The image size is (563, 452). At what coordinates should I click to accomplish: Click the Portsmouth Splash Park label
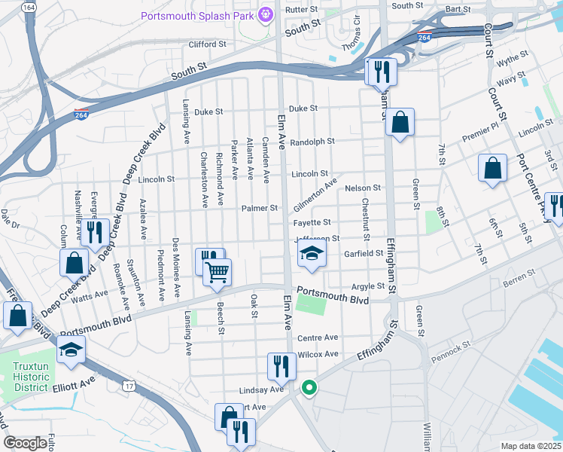click(198, 15)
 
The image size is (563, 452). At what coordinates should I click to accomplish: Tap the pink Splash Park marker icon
click(264, 14)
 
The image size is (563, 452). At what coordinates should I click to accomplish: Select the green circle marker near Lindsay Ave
click(308, 389)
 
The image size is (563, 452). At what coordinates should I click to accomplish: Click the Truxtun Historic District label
click(29, 377)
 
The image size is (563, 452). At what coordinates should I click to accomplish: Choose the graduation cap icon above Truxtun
click(71, 350)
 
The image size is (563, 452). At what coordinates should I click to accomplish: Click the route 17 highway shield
click(129, 386)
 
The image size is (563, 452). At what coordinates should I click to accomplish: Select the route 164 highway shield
click(29, 7)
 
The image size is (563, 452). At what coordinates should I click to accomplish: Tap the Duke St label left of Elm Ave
click(208, 111)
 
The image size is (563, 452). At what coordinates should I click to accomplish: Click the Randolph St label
click(312, 142)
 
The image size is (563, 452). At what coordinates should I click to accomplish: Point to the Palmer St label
click(260, 208)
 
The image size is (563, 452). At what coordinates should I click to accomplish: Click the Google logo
click(26, 443)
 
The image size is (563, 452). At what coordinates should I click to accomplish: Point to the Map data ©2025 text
click(530, 446)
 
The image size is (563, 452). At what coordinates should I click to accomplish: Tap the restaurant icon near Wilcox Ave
click(281, 366)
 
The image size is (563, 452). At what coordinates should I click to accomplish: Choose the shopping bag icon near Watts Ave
click(74, 264)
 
